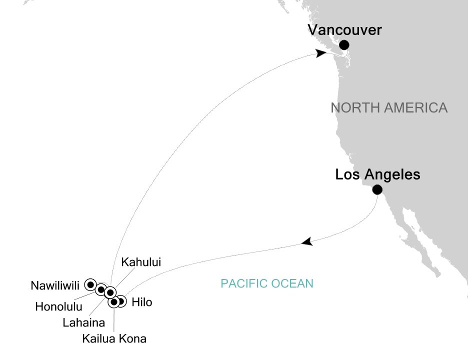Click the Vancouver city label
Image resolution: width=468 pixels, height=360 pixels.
click(x=344, y=30)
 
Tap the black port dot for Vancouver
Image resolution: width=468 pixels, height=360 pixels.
click(x=344, y=45)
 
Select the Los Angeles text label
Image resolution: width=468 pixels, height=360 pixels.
click(x=377, y=175)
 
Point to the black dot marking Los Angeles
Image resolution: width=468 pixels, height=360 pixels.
click(x=377, y=189)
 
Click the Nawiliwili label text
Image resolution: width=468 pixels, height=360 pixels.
click(x=54, y=286)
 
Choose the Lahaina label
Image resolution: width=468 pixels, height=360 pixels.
click(x=84, y=322)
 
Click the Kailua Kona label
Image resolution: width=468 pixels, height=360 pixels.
click(x=114, y=339)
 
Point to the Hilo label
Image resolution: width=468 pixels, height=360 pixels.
click(x=141, y=302)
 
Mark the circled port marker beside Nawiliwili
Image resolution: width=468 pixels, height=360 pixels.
click(x=90, y=284)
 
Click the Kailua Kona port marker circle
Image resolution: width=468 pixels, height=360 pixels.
click(x=114, y=302)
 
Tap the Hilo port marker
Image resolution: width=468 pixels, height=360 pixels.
click(x=121, y=301)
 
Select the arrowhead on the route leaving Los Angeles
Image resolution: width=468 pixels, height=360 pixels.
click(x=307, y=242)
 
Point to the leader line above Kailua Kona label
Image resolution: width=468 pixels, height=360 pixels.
click(x=114, y=320)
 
